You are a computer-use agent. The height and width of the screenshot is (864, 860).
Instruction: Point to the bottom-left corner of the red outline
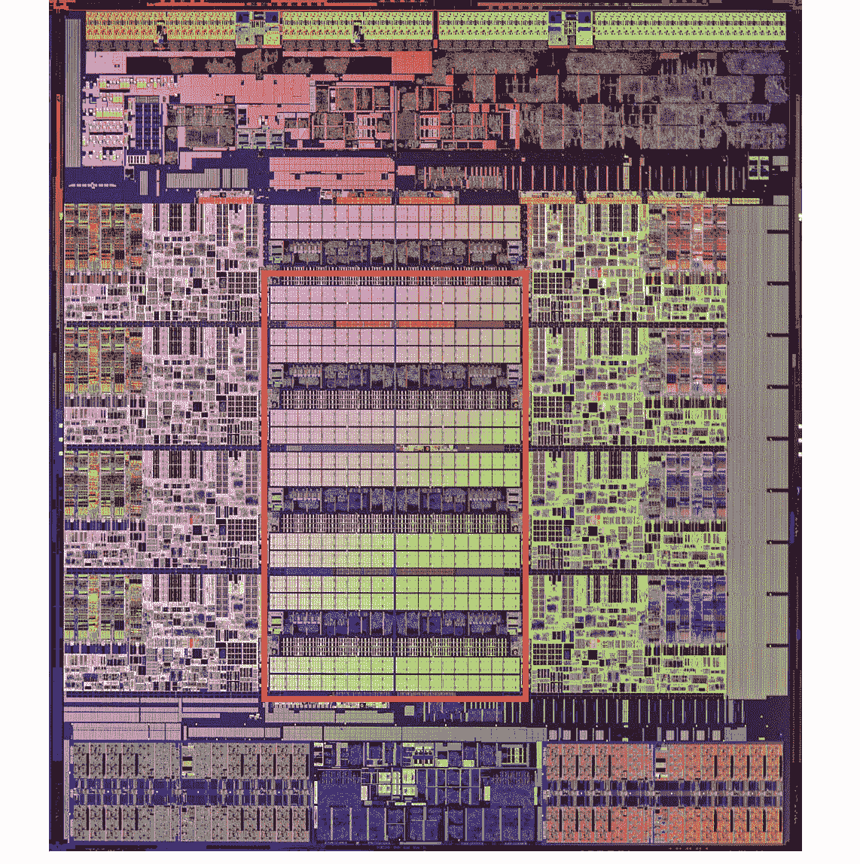264,699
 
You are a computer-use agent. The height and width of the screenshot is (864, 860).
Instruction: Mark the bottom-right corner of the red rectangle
525,699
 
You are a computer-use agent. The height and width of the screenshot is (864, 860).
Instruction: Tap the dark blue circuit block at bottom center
425,806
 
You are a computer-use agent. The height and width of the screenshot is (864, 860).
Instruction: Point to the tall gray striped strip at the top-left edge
73,90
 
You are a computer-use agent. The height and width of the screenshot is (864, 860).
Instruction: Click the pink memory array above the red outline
395,223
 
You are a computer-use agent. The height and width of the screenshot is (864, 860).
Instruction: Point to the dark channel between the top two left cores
162,324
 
